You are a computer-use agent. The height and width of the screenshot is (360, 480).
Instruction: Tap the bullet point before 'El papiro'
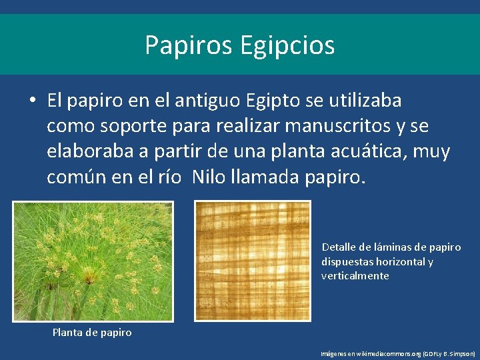32,101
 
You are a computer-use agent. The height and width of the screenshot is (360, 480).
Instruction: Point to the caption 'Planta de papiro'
92,332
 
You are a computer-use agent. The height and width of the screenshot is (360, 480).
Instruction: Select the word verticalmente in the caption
355,275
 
